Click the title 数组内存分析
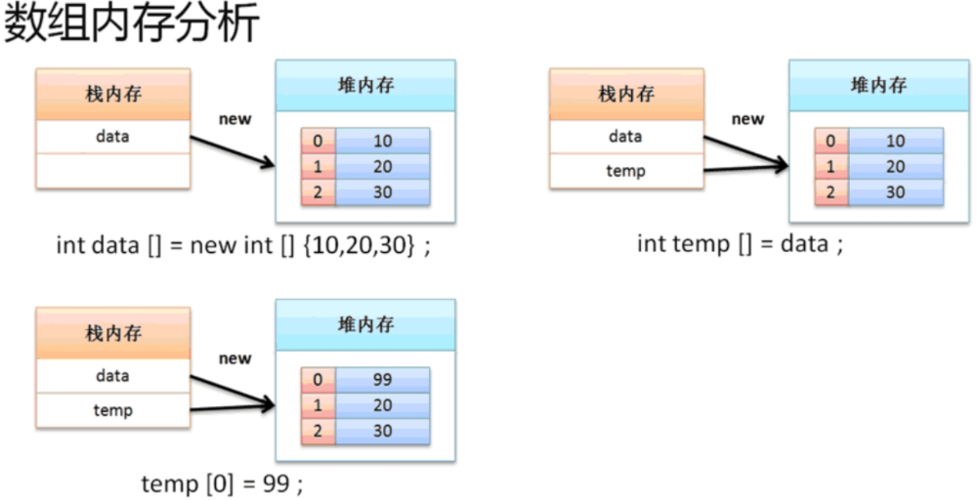pos(131,24)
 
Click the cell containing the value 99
pos(382,380)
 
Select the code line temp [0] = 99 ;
pos(229,482)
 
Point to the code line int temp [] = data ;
pos(740,243)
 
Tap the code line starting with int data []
pos(242,245)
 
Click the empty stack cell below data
pos(112,171)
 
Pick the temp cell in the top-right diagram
pos(625,171)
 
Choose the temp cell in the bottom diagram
pos(112,410)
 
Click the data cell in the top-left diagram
pos(112,137)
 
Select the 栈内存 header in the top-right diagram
pos(626,94)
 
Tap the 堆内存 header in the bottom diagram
pos(365,325)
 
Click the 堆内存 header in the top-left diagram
pos(365,85)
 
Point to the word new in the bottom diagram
pos(234,358)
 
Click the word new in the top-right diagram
pos(747,119)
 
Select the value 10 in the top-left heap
pos(382,142)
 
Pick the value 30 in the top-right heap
pos(895,192)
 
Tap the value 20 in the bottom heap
pos(382,405)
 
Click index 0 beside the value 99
pos(318,380)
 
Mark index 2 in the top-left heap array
pos(318,192)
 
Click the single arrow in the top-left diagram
pos(233,152)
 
